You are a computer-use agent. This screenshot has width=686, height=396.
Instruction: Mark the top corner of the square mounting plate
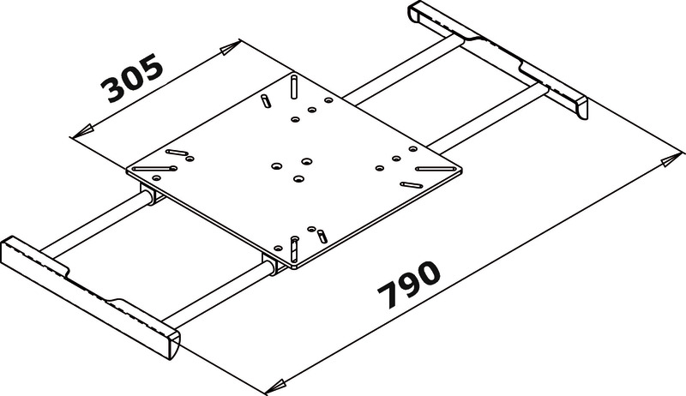[x=292, y=75]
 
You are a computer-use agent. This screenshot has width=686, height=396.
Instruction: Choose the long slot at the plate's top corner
[x=294, y=87]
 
